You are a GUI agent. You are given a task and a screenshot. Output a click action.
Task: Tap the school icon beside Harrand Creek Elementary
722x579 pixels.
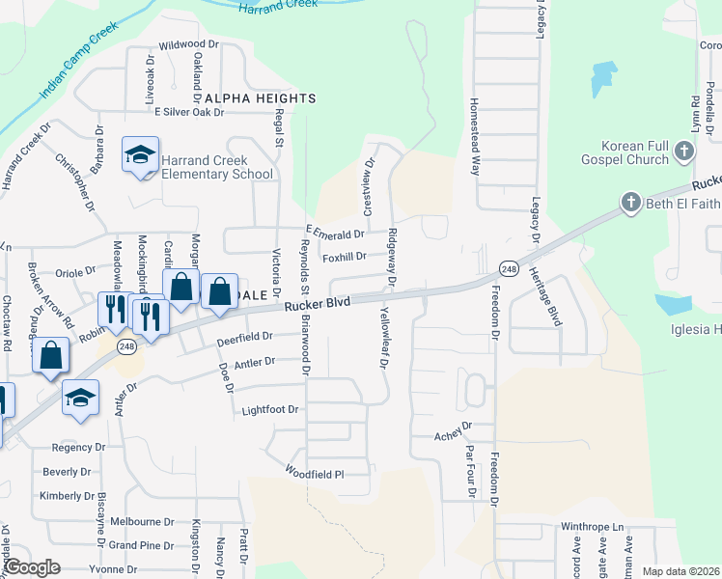pos(140,154)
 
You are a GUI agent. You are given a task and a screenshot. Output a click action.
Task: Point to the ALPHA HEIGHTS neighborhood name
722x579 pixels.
pos(259,98)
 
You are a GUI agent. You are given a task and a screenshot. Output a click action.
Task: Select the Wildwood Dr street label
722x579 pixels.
pos(189,44)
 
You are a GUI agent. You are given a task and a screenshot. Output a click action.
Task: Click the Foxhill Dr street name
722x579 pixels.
pos(345,257)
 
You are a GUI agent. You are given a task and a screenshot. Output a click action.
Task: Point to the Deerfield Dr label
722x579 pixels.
pos(245,338)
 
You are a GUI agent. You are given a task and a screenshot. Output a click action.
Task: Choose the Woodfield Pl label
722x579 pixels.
pos(314,474)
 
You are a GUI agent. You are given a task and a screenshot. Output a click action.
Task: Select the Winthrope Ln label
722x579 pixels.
pos(593,528)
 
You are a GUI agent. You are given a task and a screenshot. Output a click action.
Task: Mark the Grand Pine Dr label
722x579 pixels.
pos(141,545)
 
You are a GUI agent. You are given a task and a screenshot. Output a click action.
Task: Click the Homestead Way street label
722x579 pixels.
pos(474,134)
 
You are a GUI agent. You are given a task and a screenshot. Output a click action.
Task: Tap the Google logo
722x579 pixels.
pos(33,567)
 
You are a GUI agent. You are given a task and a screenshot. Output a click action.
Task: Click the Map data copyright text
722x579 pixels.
pos(681,571)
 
